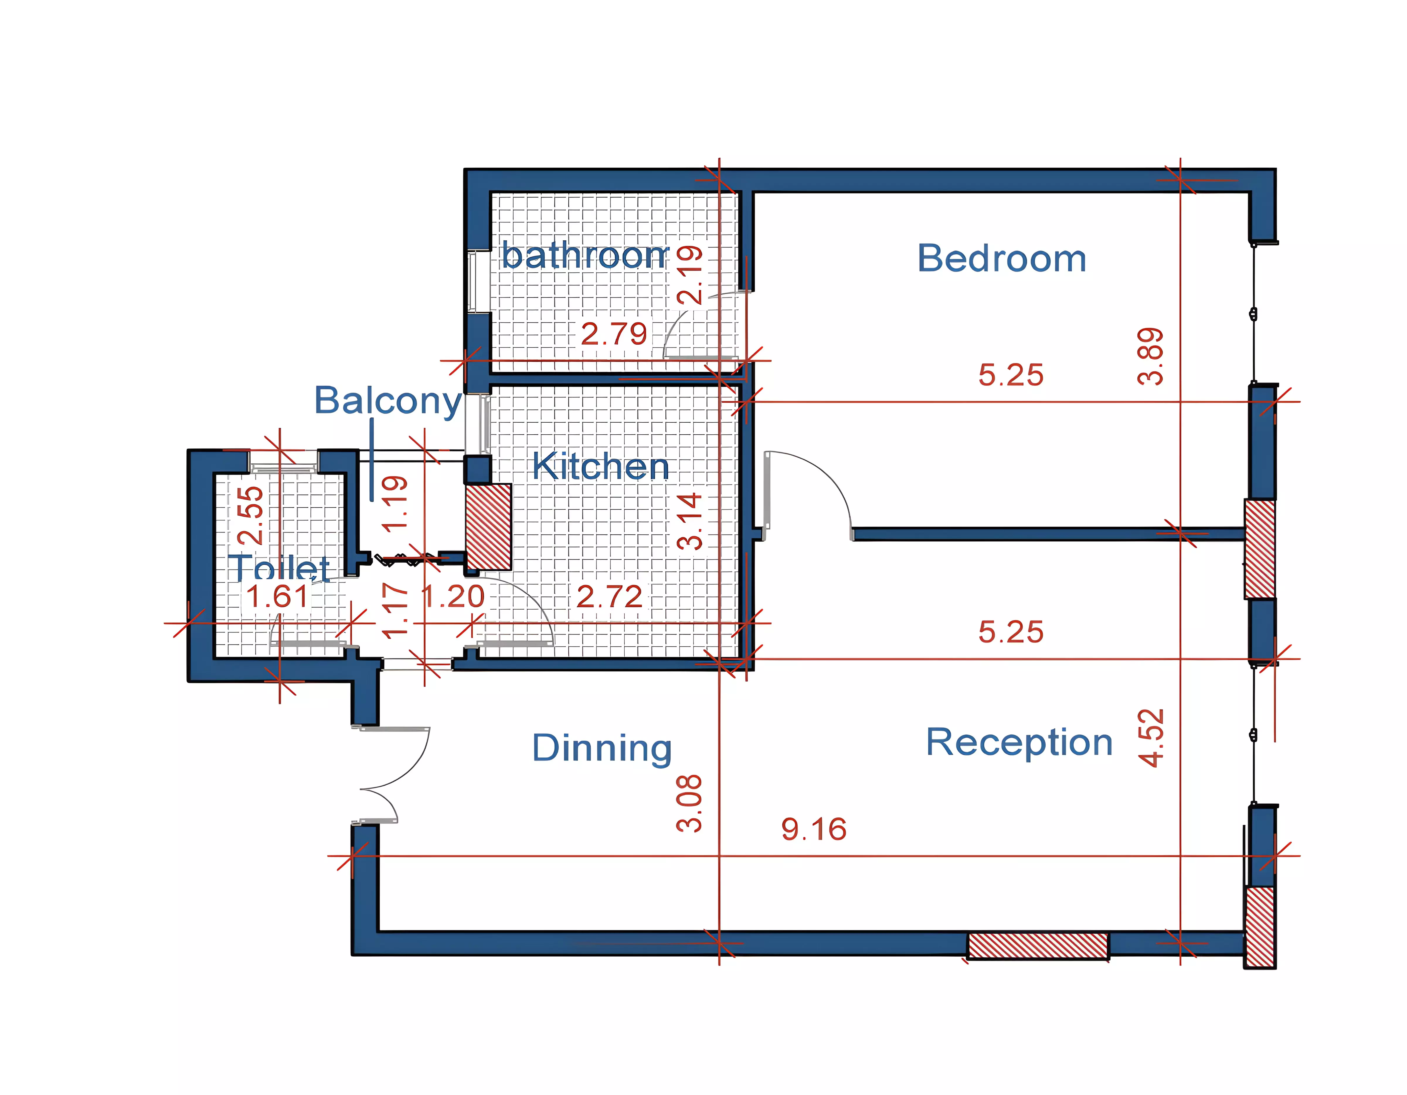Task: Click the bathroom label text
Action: point(585,256)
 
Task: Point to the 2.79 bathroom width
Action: point(613,334)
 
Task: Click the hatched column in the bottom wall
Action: point(1038,945)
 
